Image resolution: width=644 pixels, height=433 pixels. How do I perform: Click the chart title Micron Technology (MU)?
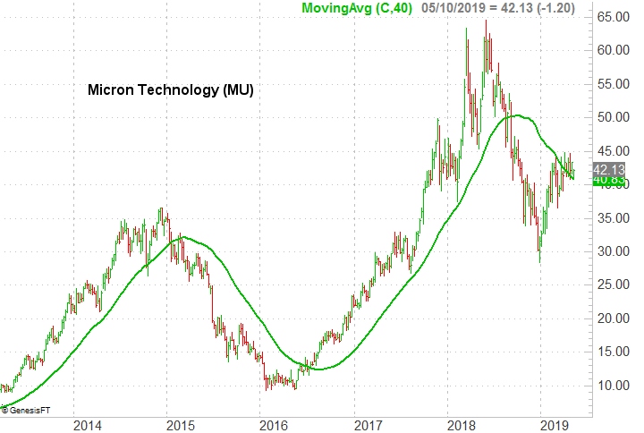(x=171, y=90)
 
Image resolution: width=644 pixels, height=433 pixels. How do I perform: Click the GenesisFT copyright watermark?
(x=27, y=410)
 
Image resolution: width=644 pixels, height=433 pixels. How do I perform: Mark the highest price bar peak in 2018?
(x=486, y=21)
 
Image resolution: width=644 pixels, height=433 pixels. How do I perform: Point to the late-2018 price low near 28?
(x=538, y=261)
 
